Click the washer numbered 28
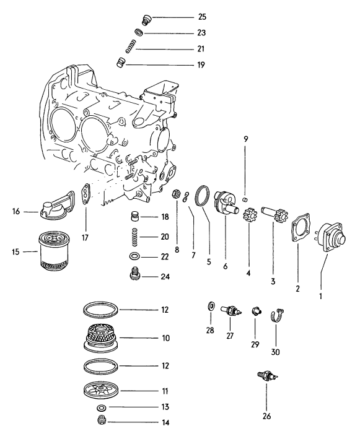click(211, 305)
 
